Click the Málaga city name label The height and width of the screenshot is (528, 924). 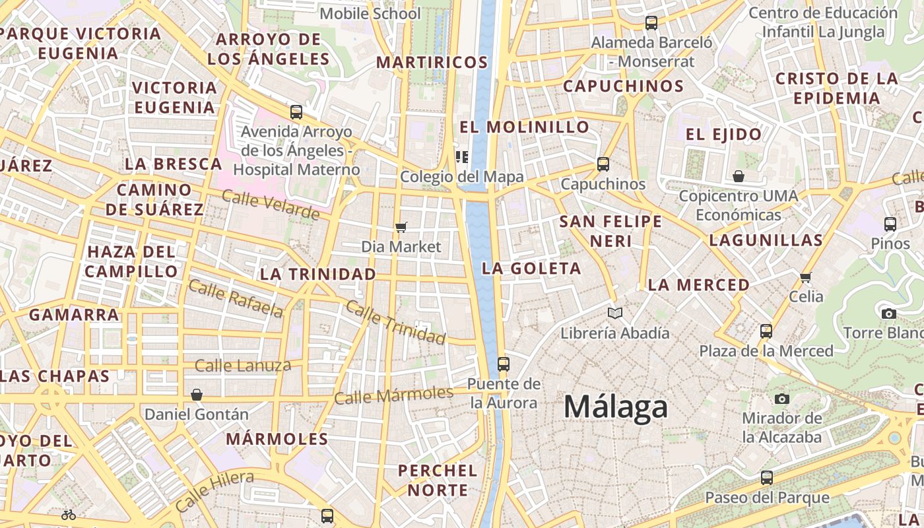(x=615, y=407)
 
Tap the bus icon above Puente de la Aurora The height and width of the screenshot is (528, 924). (x=503, y=364)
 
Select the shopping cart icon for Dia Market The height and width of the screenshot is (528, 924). (x=401, y=228)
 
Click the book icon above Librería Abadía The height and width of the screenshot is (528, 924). (x=615, y=313)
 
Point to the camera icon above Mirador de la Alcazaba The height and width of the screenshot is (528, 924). (x=782, y=399)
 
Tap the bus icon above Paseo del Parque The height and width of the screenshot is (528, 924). (x=766, y=477)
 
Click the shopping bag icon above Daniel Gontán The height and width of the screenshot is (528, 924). (x=196, y=395)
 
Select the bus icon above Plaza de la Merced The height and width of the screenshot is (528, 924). (x=766, y=331)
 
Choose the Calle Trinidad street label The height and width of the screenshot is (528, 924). (x=395, y=322)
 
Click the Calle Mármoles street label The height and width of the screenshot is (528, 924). (x=394, y=395)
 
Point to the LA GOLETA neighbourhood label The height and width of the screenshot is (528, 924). (x=531, y=269)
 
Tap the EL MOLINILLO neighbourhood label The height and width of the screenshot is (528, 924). (x=525, y=127)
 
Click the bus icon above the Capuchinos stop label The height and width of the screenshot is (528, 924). (x=603, y=164)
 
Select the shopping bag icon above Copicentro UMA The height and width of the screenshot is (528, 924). (x=739, y=176)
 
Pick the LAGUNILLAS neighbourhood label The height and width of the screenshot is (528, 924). (x=766, y=240)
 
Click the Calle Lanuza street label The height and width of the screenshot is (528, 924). (x=243, y=366)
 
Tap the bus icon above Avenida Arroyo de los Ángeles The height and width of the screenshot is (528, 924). (x=296, y=112)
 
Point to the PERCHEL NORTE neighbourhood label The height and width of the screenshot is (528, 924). (x=438, y=480)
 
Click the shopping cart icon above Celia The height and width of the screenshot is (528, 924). (x=805, y=277)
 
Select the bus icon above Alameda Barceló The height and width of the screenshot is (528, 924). (x=651, y=23)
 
